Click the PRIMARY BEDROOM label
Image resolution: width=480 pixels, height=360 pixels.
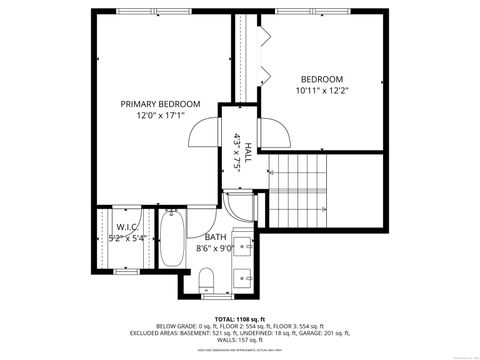(160, 104)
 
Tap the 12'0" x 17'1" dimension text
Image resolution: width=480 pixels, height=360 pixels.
(160, 116)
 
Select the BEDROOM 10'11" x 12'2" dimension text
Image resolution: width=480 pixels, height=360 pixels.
(321, 91)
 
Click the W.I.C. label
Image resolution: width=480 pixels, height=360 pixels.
(126, 227)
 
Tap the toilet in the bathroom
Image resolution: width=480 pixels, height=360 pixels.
(207, 278)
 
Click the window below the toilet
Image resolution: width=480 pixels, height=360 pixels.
(208, 296)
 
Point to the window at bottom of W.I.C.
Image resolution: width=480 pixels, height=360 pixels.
(126, 270)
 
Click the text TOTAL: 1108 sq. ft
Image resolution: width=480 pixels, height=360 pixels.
(239, 318)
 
